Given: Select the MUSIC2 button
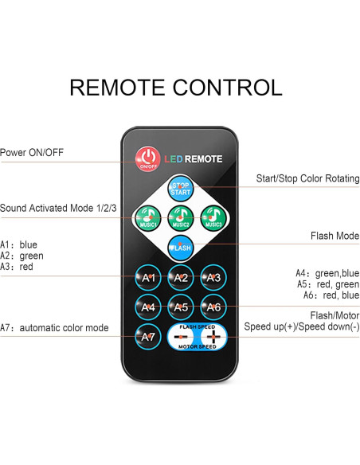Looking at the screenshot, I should tap(181, 217).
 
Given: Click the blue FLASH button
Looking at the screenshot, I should tap(181, 247).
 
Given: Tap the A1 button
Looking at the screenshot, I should tap(148, 277).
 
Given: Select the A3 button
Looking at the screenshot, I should tap(213, 277).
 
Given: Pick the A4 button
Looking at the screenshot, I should tap(148, 307).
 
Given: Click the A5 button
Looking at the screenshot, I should tap(181, 307).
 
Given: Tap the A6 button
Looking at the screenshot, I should tap(213, 307).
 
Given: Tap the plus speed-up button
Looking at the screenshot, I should tap(213, 336).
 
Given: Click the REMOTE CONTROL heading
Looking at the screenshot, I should tap(176, 87).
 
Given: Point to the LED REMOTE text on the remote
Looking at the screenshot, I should tap(194, 159).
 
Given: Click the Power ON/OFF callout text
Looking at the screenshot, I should tap(32, 152).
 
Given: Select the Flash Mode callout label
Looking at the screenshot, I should tap(334, 236).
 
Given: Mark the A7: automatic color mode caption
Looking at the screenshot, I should tap(54, 327).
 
